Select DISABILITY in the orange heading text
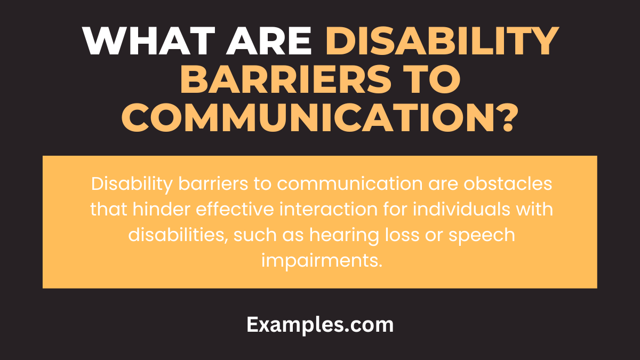(x=442, y=41)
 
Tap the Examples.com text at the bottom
(x=320, y=324)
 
